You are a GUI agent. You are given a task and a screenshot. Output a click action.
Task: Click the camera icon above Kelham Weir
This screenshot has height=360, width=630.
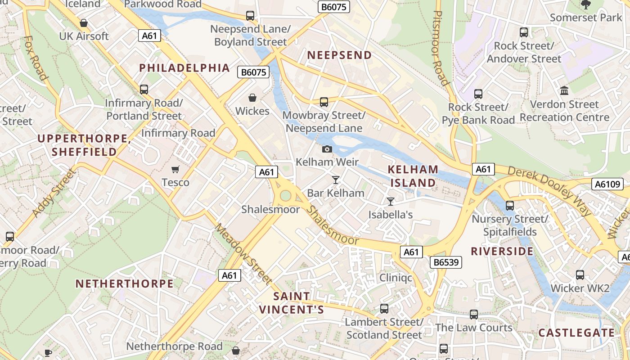[x=327, y=149]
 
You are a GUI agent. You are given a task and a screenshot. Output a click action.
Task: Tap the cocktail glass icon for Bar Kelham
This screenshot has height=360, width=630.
[x=335, y=180]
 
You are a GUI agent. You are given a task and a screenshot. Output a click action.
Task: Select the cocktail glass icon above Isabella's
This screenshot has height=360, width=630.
[x=391, y=202]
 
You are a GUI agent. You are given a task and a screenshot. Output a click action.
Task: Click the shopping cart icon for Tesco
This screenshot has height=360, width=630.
[x=175, y=169]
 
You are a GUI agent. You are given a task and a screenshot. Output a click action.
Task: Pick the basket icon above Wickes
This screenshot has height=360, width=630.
[x=252, y=98]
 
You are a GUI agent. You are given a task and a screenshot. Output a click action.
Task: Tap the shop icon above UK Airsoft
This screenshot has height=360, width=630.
[x=84, y=23]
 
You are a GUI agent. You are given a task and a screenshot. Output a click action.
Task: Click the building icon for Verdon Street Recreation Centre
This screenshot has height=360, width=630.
[x=564, y=91]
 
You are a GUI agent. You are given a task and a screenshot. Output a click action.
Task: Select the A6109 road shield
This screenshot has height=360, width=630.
[x=607, y=184]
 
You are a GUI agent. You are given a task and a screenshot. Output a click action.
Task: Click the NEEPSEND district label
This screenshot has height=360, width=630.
[x=339, y=55]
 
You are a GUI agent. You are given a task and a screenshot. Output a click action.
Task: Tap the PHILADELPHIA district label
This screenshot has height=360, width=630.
[x=184, y=68]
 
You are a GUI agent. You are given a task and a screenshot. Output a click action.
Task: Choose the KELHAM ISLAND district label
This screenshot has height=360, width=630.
[x=413, y=176]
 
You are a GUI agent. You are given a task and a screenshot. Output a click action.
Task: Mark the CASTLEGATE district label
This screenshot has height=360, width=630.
[x=576, y=333]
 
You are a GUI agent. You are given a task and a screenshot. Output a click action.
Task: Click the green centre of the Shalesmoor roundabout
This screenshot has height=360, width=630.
[x=285, y=196]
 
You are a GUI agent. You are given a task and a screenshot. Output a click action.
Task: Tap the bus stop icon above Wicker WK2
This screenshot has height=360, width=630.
[x=580, y=274]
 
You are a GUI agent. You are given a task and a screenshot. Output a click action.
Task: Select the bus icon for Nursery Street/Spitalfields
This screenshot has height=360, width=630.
[x=510, y=206]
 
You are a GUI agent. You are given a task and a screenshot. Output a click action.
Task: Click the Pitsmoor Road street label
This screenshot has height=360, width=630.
[x=440, y=47]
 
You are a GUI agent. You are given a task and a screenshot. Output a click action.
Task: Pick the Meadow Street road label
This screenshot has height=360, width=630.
[x=243, y=254]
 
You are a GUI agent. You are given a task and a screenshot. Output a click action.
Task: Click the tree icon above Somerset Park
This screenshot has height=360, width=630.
[x=585, y=5]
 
